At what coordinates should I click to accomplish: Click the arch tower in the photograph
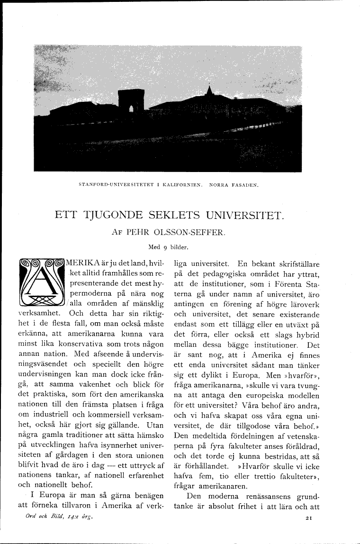pos(131,101)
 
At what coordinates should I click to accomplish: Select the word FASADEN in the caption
pos(243,184)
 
